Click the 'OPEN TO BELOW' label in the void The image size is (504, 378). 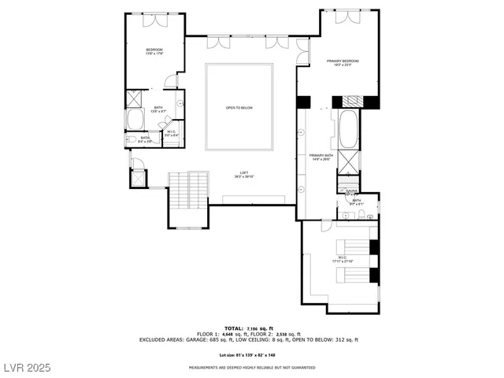tap(239, 107)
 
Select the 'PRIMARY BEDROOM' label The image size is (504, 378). tap(343, 62)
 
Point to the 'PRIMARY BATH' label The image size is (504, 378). tap(321, 157)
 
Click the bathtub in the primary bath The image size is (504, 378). tap(348, 129)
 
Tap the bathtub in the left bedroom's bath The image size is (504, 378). tap(135, 120)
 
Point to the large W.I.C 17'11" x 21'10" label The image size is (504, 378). tap(343, 259)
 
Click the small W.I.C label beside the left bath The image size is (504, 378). tap(171, 133)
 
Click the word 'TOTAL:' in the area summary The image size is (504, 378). tap(233, 328)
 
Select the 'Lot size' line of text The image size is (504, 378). tap(251, 355)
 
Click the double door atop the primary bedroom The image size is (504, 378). tap(348, 17)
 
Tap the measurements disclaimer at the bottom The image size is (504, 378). tap(251, 368)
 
